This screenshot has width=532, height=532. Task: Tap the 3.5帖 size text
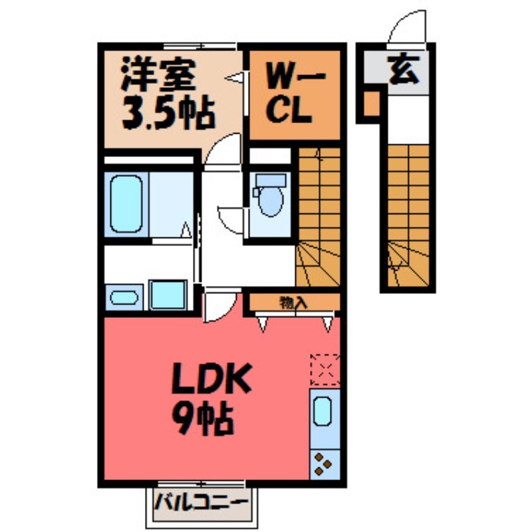tap(167, 114)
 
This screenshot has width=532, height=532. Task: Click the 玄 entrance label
tap(405, 70)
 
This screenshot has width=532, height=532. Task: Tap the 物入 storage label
tap(293, 303)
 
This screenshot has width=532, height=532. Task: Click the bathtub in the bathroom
tap(126, 203)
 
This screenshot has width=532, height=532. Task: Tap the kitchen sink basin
tap(323, 410)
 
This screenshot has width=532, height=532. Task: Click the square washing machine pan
tap(169, 293)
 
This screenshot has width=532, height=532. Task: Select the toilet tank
tap(271, 180)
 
